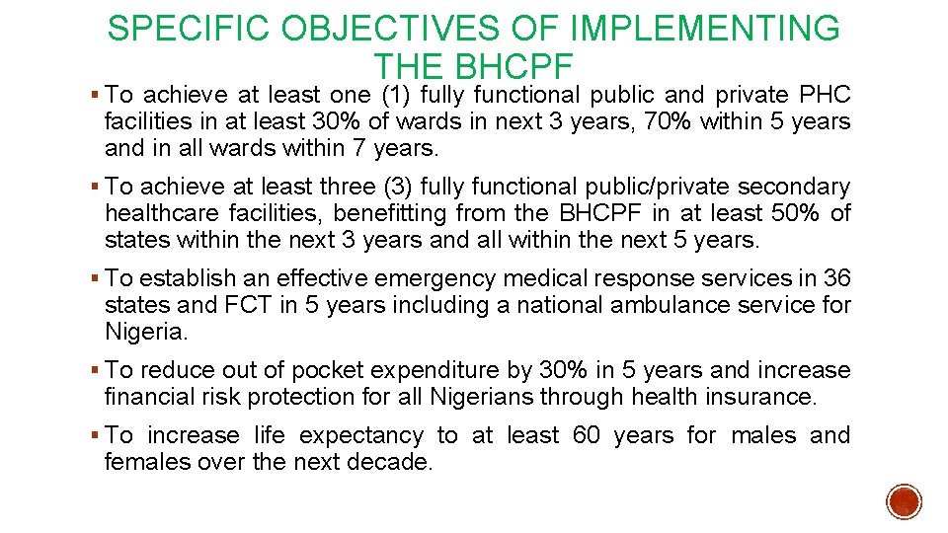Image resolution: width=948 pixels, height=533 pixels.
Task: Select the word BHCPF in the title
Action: click(514, 66)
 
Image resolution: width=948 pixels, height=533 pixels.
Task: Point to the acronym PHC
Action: click(825, 95)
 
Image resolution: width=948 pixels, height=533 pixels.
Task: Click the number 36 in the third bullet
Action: click(835, 279)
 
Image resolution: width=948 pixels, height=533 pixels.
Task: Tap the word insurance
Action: click(765, 398)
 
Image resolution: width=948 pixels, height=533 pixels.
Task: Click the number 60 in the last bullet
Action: click(586, 435)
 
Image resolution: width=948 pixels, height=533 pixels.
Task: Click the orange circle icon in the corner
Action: click(905, 501)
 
